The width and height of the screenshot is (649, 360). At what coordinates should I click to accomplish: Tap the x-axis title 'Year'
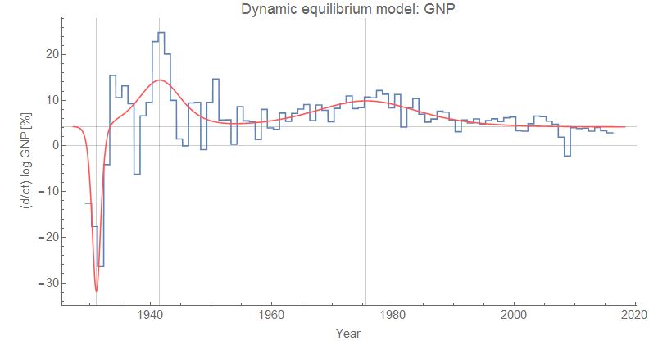click(348, 334)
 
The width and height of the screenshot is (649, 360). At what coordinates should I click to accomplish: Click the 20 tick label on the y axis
click(50, 54)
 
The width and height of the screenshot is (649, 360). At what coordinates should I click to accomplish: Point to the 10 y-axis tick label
click(50, 100)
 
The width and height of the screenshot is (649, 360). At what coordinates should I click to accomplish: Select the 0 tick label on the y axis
click(53, 146)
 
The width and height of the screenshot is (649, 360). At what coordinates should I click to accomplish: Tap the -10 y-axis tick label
click(48, 191)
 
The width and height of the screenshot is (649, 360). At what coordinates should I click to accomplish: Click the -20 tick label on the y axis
click(48, 237)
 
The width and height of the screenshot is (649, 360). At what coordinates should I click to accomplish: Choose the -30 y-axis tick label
click(48, 283)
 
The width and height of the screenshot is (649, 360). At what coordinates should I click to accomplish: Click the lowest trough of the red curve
click(96, 291)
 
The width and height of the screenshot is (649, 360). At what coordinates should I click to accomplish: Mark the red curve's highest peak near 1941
click(158, 80)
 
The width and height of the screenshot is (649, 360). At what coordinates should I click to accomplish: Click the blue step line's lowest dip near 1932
click(101, 266)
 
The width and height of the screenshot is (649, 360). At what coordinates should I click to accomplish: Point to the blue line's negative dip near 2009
click(567, 155)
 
